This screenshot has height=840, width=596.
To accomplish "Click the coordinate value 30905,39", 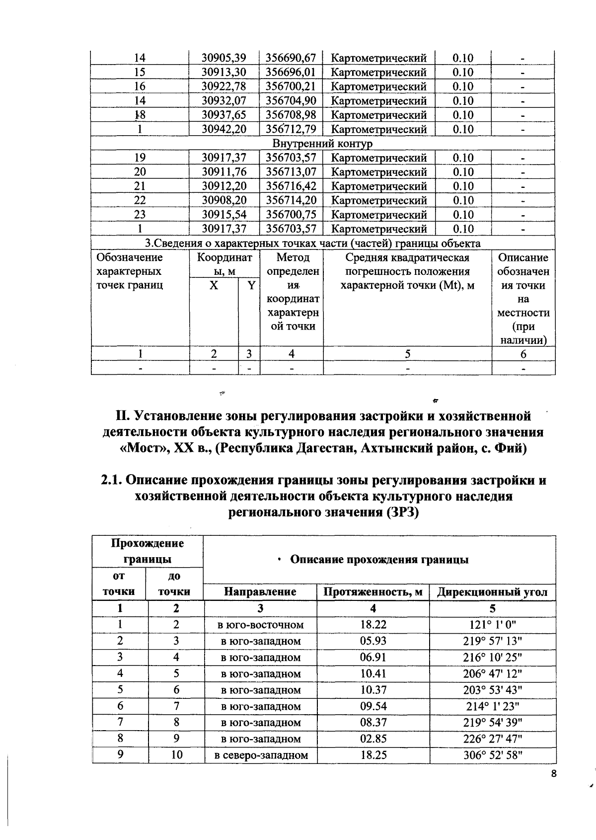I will click(223, 58).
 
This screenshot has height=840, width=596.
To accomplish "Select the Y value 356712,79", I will click(291, 130).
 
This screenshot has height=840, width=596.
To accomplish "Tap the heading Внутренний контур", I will click(322, 144).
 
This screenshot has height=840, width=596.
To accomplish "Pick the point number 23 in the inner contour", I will click(140, 215).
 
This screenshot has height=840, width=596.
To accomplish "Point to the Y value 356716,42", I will click(291, 186).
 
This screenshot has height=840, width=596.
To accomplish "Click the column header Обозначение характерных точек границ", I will click(130, 271).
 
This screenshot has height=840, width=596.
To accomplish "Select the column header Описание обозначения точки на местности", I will click(523, 299).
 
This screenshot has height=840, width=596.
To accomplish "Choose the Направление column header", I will click(260, 592).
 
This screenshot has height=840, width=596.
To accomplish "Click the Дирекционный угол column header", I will click(492, 592).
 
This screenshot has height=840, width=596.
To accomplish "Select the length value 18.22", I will click(373, 625).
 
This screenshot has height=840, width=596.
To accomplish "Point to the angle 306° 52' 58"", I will click(492, 756).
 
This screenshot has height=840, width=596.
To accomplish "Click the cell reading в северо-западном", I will click(261, 756).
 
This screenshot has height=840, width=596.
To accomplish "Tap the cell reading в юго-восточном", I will click(261, 625).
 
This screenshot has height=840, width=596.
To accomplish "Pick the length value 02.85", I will click(373, 739).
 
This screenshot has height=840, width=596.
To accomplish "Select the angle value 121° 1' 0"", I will click(492, 625).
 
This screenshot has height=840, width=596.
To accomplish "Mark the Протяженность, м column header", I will click(373, 592).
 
